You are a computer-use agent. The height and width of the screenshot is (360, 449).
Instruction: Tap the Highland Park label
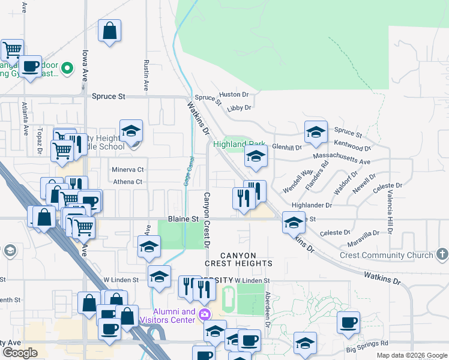pos(240,145)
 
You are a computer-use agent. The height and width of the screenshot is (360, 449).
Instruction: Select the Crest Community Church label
pos(387,255)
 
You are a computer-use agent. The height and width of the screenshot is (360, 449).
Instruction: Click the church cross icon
pos(442,254)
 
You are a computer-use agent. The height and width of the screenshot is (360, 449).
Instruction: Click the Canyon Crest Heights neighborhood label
pos(239,259)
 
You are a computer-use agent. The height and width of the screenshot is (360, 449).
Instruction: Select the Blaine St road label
pos(182,220)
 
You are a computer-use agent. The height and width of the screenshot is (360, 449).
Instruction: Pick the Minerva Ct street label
pos(128,170)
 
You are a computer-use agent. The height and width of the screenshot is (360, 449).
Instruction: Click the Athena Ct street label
pos(127,182)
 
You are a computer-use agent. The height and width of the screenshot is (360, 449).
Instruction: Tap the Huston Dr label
pos(234,95)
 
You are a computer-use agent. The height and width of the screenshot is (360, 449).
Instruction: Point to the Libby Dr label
pos(239,108)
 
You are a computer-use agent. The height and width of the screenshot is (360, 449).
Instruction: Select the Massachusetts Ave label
pos(341,159)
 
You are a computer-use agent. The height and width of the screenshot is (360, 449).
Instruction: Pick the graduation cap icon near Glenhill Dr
pos(316,133)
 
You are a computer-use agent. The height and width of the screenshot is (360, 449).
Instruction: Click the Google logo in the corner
pos(19,353)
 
